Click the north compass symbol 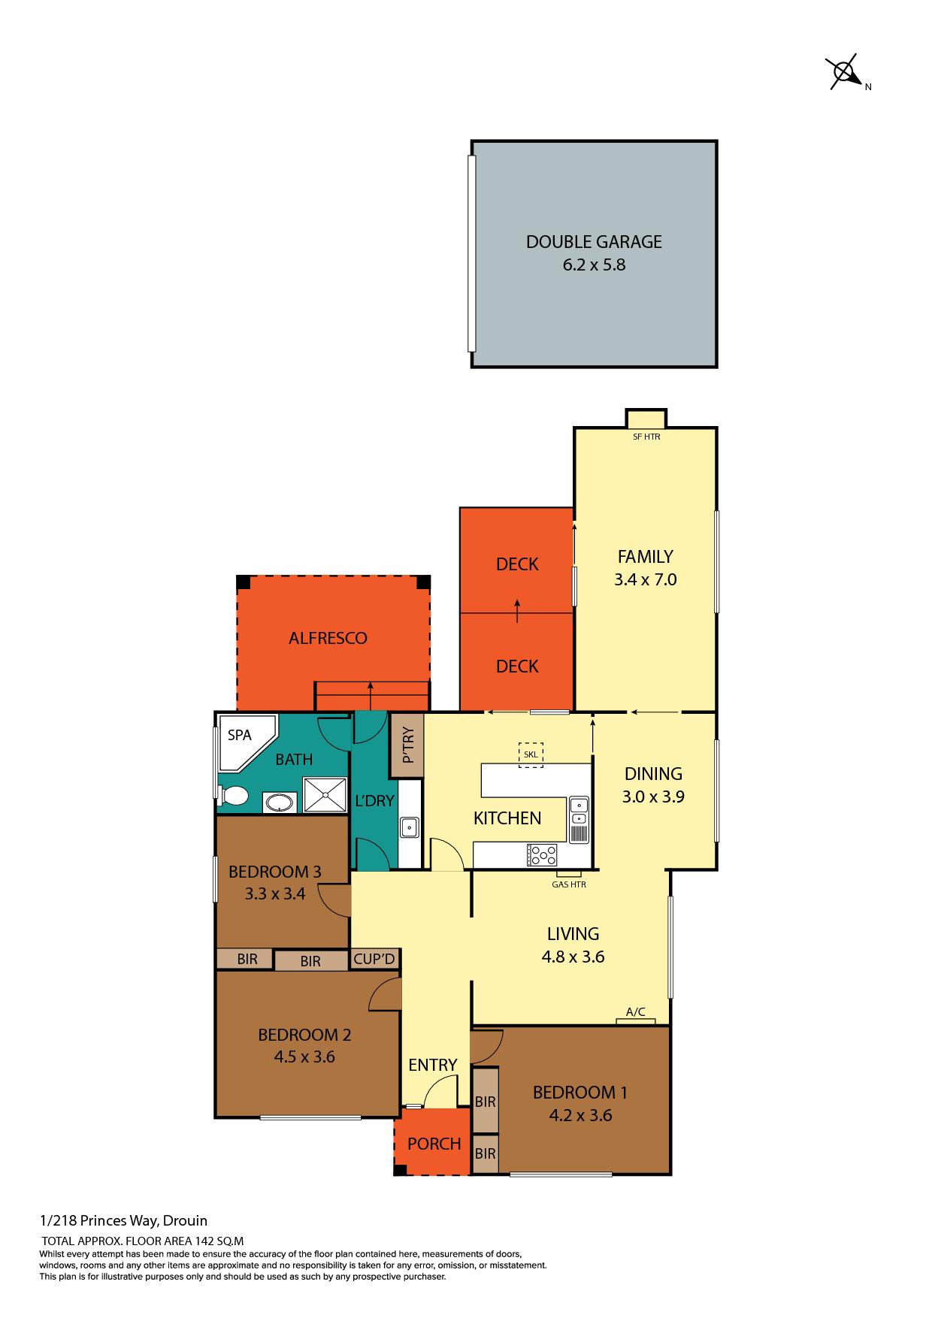pyautogui.click(x=846, y=73)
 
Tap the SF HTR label pyautogui.click(x=646, y=437)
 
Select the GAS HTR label pyautogui.click(x=569, y=884)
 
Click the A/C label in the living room pyautogui.click(x=636, y=1012)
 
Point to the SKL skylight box pyautogui.click(x=531, y=754)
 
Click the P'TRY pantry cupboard pyautogui.click(x=407, y=745)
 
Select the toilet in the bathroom pyautogui.click(x=233, y=795)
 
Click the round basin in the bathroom pyautogui.click(x=280, y=802)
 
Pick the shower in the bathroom pyautogui.click(x=325, y=795)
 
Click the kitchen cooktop pyautogui.click(x=543, y=854)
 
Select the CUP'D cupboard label pyautogui.click(x=374, y=960)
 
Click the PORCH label pyautogui.click(x=434, y=1144)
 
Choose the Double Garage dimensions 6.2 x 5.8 pyautogui.click(x=594, y=265)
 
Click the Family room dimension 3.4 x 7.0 pyautogui.click(x=645, y=579)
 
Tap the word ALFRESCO pyautogui.click(x=328, y=638)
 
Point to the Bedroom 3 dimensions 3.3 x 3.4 pyautogui.click(x=274, y=894)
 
